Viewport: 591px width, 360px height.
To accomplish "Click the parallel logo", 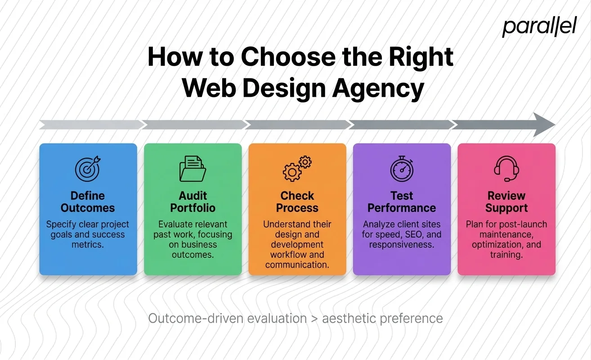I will [539, 27].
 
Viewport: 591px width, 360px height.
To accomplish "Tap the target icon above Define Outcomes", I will [88, 169].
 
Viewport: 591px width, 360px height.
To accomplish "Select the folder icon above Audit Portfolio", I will [193, 169].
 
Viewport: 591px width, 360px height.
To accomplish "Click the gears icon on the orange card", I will [297, 169].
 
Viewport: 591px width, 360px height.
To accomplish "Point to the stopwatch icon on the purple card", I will [402, 169].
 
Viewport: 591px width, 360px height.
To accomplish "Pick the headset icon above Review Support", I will [506, 169].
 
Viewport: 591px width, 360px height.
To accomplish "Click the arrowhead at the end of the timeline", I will [544, 125].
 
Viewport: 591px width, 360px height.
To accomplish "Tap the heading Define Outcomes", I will [88, 202].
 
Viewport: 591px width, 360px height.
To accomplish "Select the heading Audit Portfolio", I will [193, 202].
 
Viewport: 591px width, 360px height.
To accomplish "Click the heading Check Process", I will [297, 202].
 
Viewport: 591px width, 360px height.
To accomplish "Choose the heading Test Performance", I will [402, 202].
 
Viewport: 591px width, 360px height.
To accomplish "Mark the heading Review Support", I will [506, 202].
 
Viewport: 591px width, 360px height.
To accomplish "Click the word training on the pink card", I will [506, 255].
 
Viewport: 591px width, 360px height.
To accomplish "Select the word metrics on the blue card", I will [88, 245].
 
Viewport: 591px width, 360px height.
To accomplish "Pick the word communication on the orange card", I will [297, 265].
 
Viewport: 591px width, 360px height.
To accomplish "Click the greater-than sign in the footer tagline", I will [314, 319].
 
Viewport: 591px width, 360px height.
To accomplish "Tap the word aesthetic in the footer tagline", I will [349, 319].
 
